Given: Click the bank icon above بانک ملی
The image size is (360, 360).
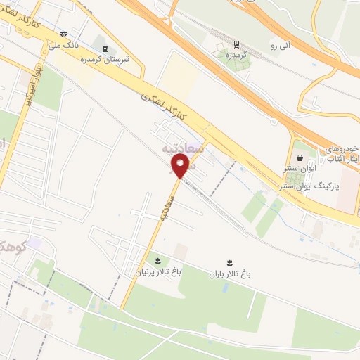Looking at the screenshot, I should tap(65, 34).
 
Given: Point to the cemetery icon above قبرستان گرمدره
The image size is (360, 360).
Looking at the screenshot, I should tap(105, 49).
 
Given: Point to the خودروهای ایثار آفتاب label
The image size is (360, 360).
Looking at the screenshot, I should tap(343, 155).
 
